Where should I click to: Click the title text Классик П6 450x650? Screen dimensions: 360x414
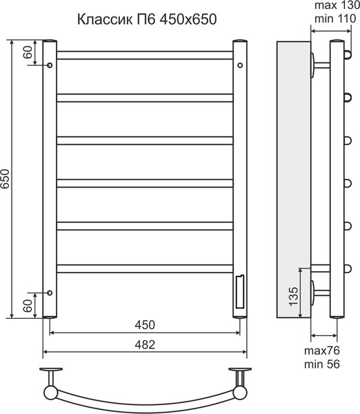[147, 19]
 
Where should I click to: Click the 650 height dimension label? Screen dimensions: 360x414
[6, 179]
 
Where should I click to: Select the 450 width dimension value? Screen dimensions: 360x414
[145, 325]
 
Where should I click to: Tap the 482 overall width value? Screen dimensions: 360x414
[145, 344]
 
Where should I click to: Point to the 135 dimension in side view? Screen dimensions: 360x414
[294, 296]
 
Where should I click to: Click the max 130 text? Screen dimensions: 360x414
[337, 5]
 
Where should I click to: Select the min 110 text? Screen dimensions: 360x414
[335, 19]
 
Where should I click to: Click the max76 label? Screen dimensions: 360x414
[322, 351]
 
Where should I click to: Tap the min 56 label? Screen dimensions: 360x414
[322, 364]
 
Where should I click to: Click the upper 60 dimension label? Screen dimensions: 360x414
[28, 52]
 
